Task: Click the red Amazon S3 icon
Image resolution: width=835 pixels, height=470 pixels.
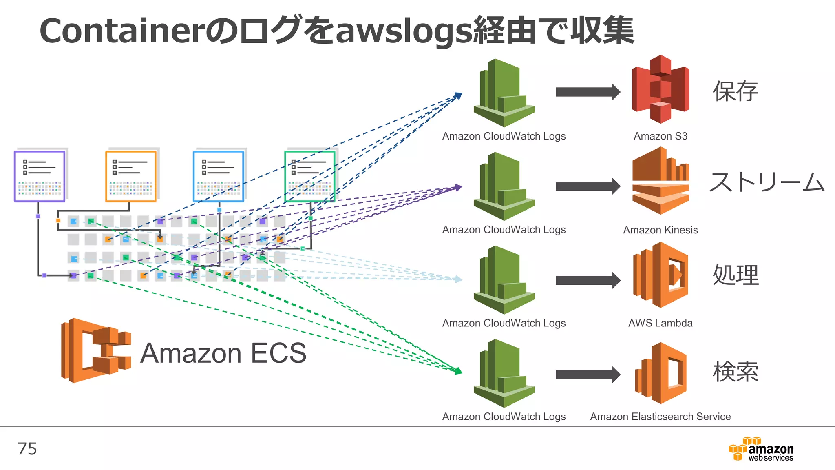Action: click(x=660, y=89)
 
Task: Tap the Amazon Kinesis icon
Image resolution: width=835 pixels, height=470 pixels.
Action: click(x=660, y=182)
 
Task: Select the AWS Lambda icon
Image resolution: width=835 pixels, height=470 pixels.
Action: click(x=660, y=275)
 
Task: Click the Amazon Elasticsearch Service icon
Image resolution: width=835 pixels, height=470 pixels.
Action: click(x=660, y=373)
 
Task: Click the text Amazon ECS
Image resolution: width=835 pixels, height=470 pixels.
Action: click(x=223, y=353)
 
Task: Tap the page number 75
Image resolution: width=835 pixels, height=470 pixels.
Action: click(x=27, y=449)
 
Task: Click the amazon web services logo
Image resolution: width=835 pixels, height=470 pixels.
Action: click(x=761, y=449)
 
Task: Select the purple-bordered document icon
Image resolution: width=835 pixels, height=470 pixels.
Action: click(x=40, y=176)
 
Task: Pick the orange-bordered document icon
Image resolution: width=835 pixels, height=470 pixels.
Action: click(x=131, y=176)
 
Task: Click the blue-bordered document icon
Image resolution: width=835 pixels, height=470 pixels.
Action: click(x=219, y=176)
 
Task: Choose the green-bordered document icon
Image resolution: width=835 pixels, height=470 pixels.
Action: click(x=310, y=176)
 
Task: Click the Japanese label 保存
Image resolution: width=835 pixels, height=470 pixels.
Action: click(x=735, y=91)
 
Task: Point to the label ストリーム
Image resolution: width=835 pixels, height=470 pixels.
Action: click(x=767, y=182)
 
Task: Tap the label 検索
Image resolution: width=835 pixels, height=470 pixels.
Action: click(x=735, y=372)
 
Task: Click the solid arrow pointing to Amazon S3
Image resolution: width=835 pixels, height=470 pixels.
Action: click(x=587, y=92)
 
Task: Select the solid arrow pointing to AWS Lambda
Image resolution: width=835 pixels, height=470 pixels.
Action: click(x=587, y=280)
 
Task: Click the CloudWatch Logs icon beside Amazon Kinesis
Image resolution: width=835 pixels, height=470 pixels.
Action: click(x=504, y=186)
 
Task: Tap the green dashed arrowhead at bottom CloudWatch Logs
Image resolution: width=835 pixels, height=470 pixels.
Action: click(x=458, y=371)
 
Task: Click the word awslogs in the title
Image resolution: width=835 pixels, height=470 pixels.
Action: click(x=404, y=32)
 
